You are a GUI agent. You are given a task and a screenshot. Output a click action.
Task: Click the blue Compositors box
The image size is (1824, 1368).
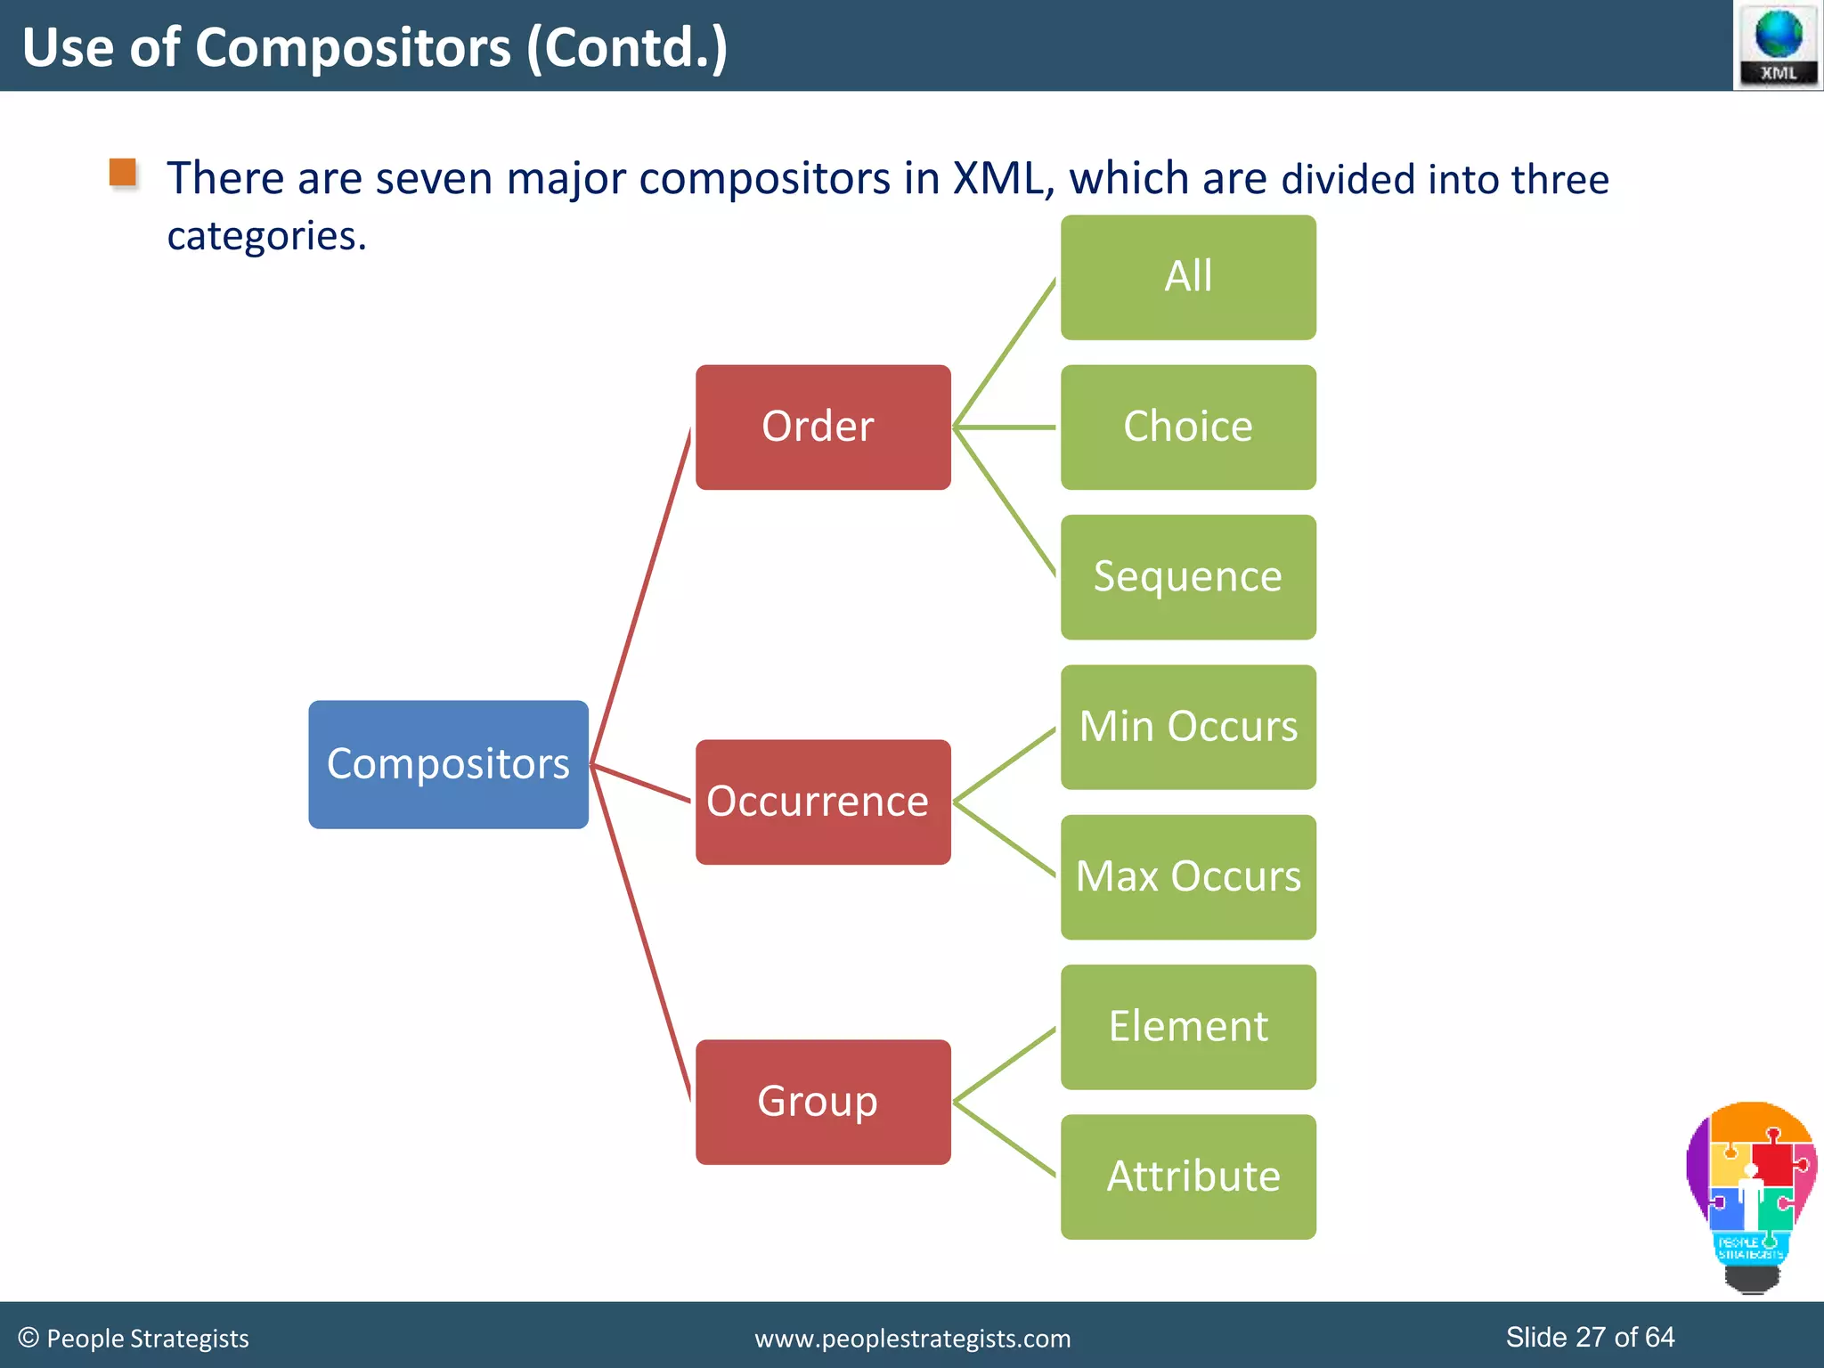pyautogui.click(x=448, y=764)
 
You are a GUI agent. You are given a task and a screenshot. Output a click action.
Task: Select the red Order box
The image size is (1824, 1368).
pyautogui.click(x=822, y=427)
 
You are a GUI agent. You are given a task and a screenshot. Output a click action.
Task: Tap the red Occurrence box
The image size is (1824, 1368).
pyautogui.click(x=822, y=802)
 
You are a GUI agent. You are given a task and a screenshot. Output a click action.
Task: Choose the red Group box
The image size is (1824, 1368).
pyautogui.click(x=822, y=1102)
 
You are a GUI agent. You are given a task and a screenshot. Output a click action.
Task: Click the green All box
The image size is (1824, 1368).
pyautogui.click(x=1187, y=277)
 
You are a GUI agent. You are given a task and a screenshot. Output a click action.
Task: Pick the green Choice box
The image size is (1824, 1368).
pyautogui.click(x=1187, y=427)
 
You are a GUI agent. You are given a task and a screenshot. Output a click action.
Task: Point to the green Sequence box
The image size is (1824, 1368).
pyautogui.click(x=1187, y=577)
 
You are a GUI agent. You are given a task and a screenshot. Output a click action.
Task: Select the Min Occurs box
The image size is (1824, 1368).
pyautogui.click(x=1187, y=727)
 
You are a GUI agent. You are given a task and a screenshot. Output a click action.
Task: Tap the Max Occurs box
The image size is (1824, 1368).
pyautogui.click(x=1187, y=876)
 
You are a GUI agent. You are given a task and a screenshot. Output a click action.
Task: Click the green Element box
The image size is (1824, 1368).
pyautogui.click(x=1187, y=1027)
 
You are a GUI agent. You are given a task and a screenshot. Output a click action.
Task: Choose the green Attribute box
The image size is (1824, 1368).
pyautogui.click(x=1187, y=1177)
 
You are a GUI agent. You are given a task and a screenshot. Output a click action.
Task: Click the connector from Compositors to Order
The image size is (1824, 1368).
pyautogui.click(x=641, y=597)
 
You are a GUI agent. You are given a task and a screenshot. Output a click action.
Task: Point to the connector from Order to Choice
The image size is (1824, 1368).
pyautogui.click(x=1005, y=427)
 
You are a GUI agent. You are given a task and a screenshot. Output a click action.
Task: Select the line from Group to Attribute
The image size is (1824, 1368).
pyautogui.click(x=1005, y=1139)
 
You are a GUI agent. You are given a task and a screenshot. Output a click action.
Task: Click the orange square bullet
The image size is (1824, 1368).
pyautogui.click(x=123, y=172)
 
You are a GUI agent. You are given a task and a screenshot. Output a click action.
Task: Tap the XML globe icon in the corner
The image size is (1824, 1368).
pyautogui.click(x=1778, y=45)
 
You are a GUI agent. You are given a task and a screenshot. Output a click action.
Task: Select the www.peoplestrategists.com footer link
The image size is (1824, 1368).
pyautogui.click(x=912, y=1339)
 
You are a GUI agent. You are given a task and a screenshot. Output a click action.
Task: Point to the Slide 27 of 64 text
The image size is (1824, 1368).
pyautogui.click(x=1589, y=1337)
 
